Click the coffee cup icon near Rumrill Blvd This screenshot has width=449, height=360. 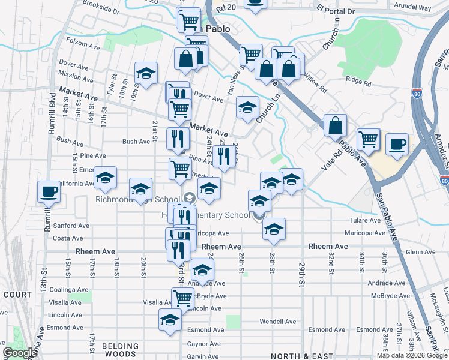(49, 193)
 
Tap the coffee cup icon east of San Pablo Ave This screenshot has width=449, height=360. (397, 144)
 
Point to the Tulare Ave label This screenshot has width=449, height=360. (361, 221)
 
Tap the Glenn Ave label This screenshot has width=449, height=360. (420, 253)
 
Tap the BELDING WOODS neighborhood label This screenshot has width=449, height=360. (120, 350)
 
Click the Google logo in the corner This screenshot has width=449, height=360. (20, 353)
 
